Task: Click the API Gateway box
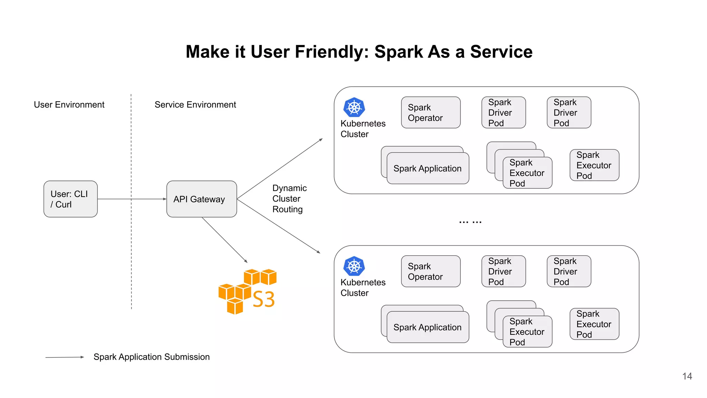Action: tap(202, 199)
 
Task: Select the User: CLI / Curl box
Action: tap(70, 199)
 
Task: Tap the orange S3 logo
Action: tap(248, 292)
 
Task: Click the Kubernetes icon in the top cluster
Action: tap(354, 107)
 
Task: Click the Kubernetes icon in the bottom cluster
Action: tap(354, 266)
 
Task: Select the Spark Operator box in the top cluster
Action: tap(430, 113)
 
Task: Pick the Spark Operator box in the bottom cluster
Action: tap(430, 272)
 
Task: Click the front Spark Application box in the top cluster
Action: tap(428, 169)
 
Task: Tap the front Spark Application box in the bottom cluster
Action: tap(428, 328)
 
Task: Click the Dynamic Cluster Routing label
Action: tap(289, 199)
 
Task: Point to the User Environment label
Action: tap(69, 105)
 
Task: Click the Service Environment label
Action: tap(195, 105)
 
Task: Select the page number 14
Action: tap(687, 376)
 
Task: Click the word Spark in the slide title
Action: tap(398, 52)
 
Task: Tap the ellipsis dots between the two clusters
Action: tap(470, 222)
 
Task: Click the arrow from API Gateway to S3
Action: tap(224, 240)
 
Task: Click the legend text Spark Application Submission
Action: tap(152, 357)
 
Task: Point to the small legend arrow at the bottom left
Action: tap(65, 357)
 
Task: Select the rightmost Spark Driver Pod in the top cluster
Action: tap(569, 113)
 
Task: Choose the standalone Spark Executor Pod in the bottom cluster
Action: tap(594, 324)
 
